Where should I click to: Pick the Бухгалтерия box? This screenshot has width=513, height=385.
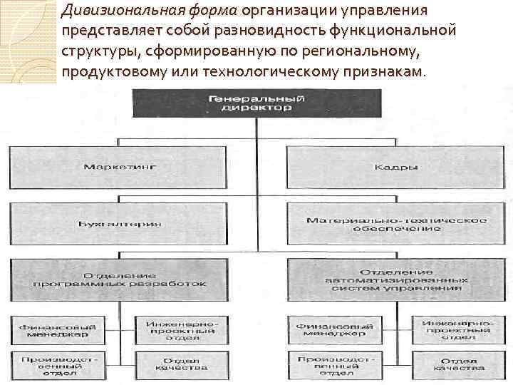120,224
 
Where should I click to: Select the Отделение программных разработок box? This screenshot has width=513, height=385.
120,279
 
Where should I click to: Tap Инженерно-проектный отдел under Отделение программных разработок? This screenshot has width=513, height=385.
181,330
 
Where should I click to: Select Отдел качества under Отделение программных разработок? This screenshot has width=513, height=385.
181,364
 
